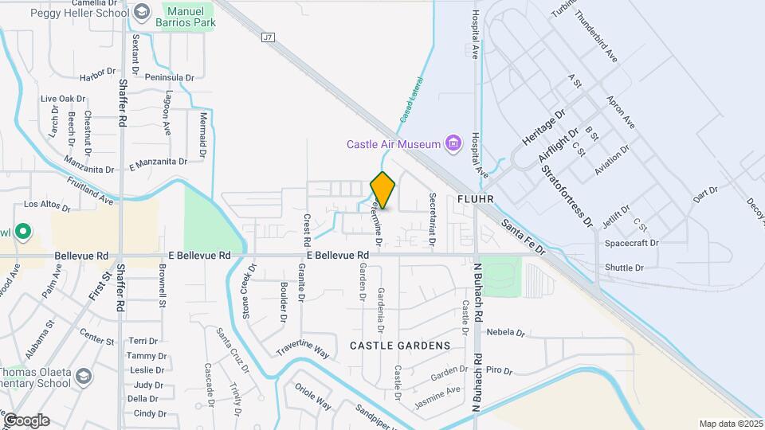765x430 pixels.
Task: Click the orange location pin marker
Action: pos(383,190)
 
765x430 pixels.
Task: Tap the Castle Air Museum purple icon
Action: pos(453,143)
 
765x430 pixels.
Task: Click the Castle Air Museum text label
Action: pos(393,144)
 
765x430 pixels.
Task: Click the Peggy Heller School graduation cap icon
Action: pos(142,12)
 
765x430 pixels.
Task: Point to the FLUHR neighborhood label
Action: pos(477,197)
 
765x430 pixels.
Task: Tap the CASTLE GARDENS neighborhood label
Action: pos(399,346)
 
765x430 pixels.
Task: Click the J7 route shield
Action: pos(268,37)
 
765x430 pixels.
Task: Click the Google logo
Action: pos(25,420)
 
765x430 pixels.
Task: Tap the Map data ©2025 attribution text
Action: pos(731,424)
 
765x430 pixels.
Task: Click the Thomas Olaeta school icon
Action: pos(83,374)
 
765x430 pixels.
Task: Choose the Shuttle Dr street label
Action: pos(624,268)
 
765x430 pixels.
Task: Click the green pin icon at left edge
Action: pos(23,233)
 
